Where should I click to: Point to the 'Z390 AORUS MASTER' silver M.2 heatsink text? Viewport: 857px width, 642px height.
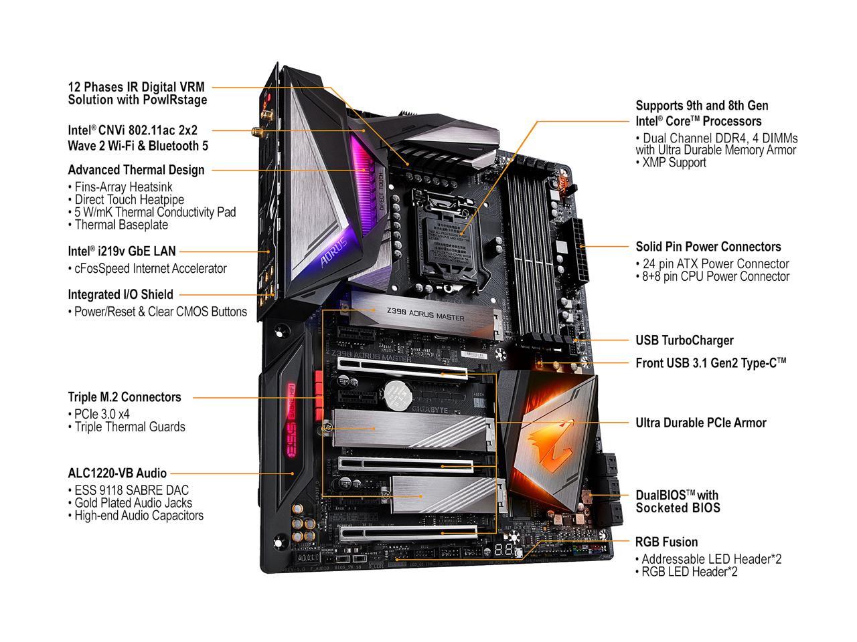424,314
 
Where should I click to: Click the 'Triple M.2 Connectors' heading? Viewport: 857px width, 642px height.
125,397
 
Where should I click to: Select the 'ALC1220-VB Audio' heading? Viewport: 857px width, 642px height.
117,473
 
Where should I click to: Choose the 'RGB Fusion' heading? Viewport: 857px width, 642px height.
666,542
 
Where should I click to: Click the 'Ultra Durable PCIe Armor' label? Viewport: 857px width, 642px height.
700,423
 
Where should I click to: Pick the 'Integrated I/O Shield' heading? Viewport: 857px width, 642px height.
121,294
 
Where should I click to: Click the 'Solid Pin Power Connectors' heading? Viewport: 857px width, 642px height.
708,247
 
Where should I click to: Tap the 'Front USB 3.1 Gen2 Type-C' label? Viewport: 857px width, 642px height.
710,363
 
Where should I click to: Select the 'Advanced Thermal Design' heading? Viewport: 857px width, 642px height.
137,170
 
